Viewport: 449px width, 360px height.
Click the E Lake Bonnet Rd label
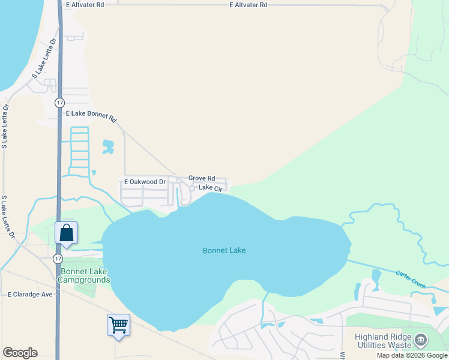[91, 113]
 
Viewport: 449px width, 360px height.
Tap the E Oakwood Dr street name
[145, 181]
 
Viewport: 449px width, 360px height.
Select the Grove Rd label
[202, 178]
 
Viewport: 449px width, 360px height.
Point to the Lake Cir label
[211, 188]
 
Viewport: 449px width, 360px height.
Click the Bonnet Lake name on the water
[224, 250]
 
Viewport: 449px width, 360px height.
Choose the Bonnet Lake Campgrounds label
[84, 276]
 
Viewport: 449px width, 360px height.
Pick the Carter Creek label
[411, 279]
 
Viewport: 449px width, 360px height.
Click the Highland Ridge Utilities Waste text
[383, 341]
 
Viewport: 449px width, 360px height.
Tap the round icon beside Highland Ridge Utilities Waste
[421, 340]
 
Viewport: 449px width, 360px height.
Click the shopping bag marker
[66, 233]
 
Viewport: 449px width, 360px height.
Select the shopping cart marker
[118, 325]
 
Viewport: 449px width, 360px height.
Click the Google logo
[20, 353]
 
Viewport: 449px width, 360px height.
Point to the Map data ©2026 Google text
[412, 355]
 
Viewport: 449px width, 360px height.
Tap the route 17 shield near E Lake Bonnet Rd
[59, 103]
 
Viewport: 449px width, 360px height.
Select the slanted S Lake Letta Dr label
[44, 58]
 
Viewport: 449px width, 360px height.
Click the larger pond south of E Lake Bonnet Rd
[108, 146]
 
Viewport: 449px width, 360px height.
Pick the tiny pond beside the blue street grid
[94, 173]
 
